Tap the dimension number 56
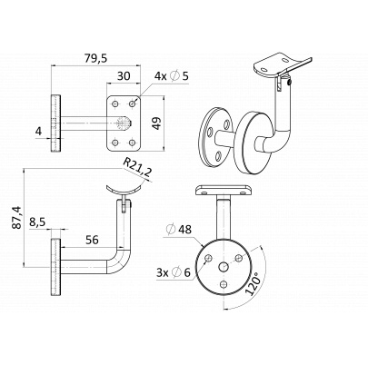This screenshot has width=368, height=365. (x=92, y=239)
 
